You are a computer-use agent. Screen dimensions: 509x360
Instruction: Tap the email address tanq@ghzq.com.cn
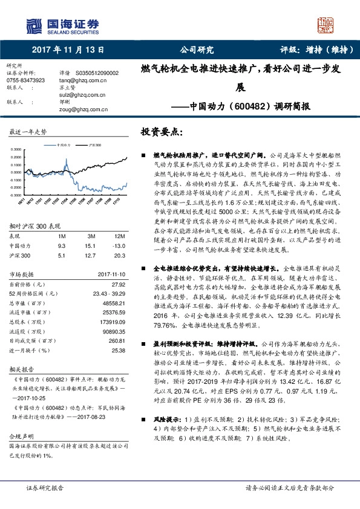(81, 79)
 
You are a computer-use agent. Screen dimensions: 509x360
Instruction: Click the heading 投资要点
(162, 131)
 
